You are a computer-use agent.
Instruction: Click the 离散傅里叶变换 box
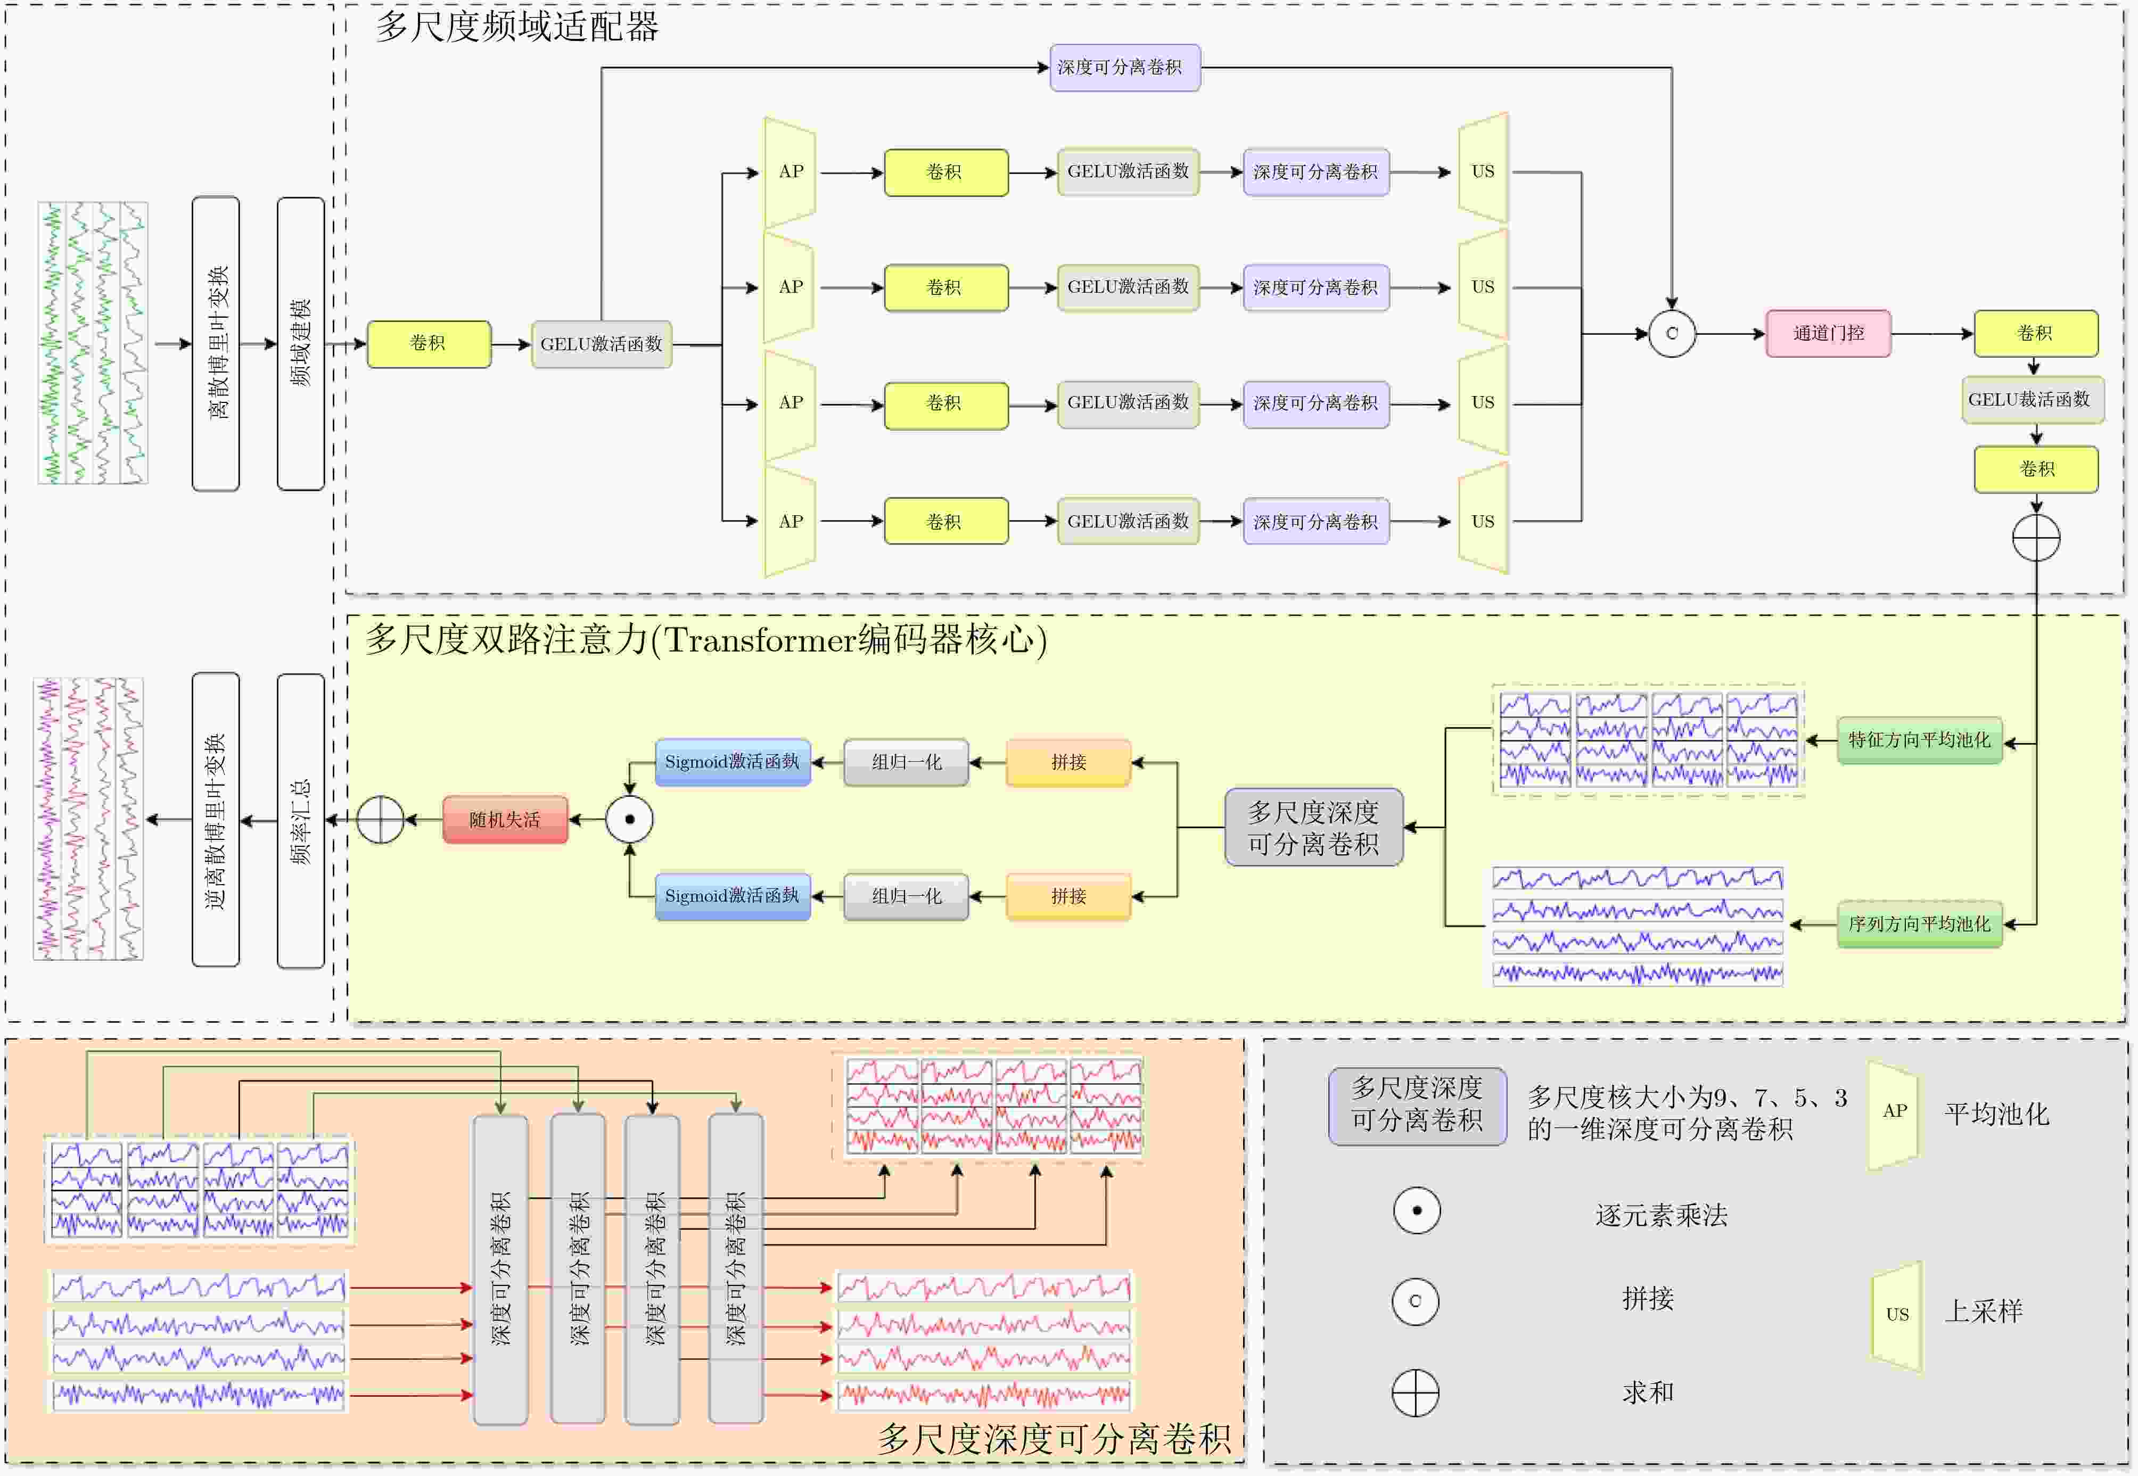pos(216,343)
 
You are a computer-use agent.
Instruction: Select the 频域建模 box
pos(301,343)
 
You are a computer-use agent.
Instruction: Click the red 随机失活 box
pos(505,819)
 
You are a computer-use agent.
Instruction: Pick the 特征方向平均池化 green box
pos(1919,740)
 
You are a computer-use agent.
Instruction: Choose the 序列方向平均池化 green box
pos(1919,924)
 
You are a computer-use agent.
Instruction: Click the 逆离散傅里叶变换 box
pos(216,819)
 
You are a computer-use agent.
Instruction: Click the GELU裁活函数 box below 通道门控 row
pos(2033,400)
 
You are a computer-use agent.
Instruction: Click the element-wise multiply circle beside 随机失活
pos(629,819)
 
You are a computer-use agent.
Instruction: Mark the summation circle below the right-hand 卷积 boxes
pos(2035,537)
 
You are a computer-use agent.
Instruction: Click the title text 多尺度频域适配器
pos(517,27)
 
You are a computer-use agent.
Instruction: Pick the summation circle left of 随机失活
pos(380,819)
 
